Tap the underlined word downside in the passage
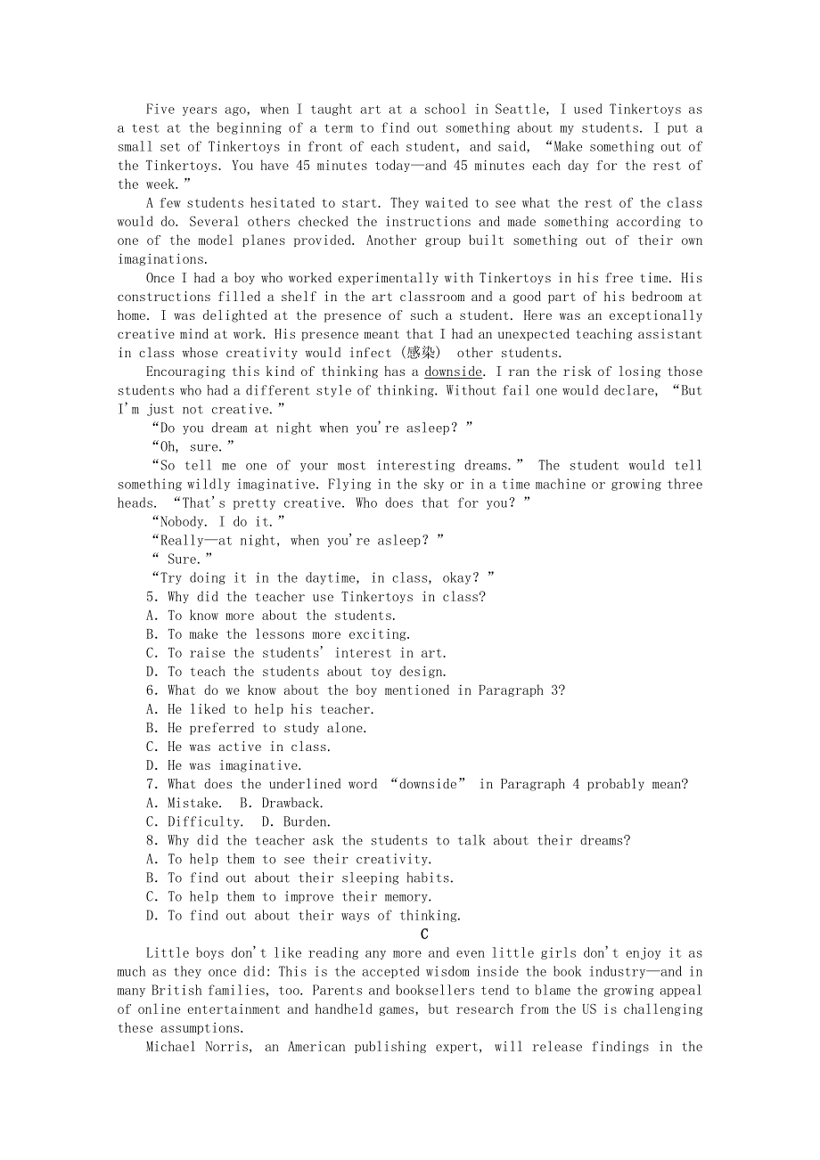(x=454, y=372)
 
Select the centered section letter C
(x=424, y=934)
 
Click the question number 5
(x=151, y=597)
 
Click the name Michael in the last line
(x=175, y=1047)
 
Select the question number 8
(x=151, y=840)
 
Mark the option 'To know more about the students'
(x=281, y=616)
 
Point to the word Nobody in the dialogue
(x=183, y=521)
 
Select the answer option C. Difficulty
(x=193, y=821)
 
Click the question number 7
(x=151, y=784)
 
